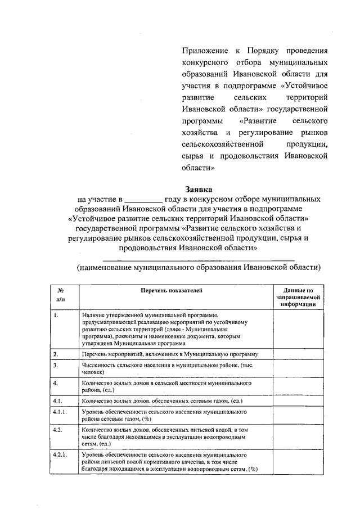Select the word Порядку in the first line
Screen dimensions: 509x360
[267, 51]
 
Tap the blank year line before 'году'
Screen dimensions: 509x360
[143, 200]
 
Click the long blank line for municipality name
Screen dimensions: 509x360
[199, 258]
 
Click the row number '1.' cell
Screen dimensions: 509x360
[56, 317]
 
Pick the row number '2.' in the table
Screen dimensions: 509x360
[56, 354]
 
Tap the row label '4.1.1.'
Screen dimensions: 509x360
[60, 413]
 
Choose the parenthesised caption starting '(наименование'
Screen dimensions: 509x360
[199, 267]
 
